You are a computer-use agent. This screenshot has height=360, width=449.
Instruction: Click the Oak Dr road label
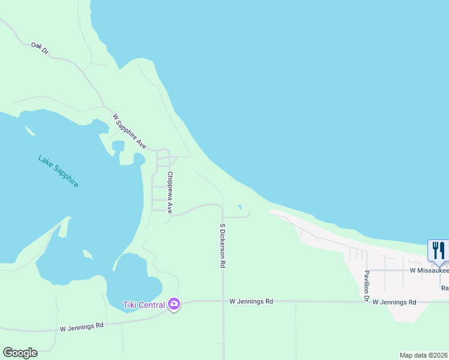(x=40, y=48)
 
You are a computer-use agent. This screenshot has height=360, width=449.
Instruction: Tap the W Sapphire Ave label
(x=130, y=131)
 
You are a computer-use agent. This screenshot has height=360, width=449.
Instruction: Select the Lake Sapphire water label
(x=58, y=171)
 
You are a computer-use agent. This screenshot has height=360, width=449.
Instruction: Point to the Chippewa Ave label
(x=170, y=193)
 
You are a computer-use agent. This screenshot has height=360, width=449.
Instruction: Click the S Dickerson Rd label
(x=223, y=245)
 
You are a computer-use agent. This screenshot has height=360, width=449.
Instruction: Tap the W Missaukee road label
(x=429, y=271)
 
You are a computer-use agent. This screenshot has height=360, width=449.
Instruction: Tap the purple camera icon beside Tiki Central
(x=174, y=304)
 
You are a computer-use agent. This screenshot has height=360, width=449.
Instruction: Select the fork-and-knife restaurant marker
(x=438, y=250)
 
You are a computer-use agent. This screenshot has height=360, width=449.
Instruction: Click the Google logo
(x=20, y=353)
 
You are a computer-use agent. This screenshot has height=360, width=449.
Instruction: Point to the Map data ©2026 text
(x=424, y=355)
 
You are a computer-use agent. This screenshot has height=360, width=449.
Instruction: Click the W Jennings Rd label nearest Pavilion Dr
(x=394, y=302)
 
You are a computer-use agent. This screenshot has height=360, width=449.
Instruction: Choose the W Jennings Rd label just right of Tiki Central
(x=252, y=301)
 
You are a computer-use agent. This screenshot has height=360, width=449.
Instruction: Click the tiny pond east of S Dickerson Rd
(x=240, y=208)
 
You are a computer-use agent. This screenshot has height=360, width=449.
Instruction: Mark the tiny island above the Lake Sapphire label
(x=29, y=130)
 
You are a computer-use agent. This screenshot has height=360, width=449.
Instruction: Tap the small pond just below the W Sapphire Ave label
(x=118, y=146)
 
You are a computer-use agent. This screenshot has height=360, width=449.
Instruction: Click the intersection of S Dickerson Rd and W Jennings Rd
(x=223, y=301)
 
